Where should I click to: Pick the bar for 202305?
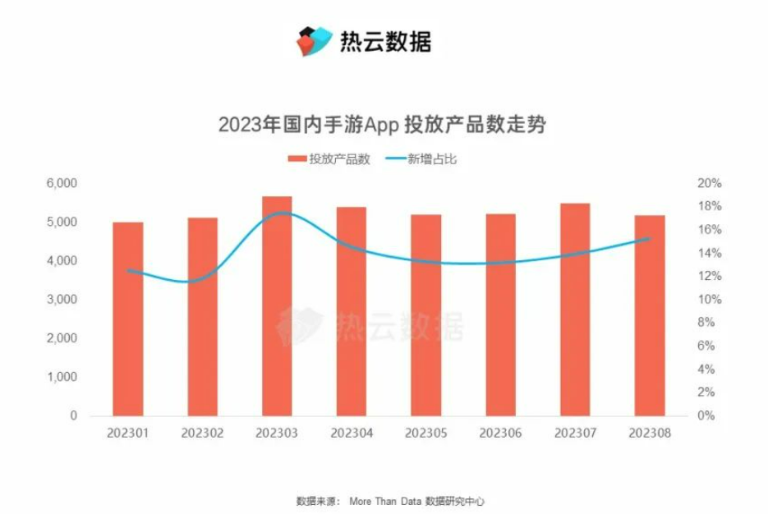[x=426, y=315]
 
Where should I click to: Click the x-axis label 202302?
[x=203, y=432]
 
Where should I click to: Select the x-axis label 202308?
[x=650, y=432]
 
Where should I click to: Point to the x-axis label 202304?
[x=352, y=432]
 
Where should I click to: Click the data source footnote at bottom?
[x=383, y=500]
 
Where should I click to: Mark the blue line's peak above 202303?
[x=282, y=213]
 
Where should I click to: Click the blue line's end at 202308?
[x=649, y=239]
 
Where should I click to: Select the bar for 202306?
[x=500, y=315]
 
